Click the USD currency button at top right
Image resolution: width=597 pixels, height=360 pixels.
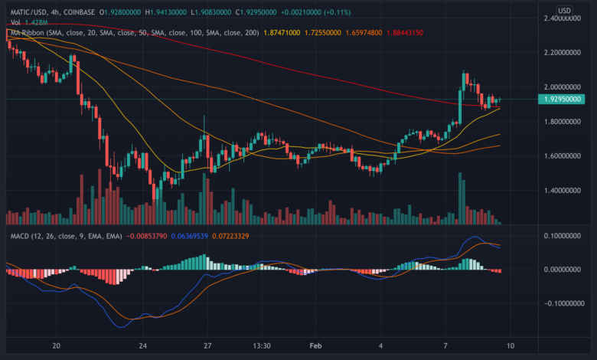coord(563,10)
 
